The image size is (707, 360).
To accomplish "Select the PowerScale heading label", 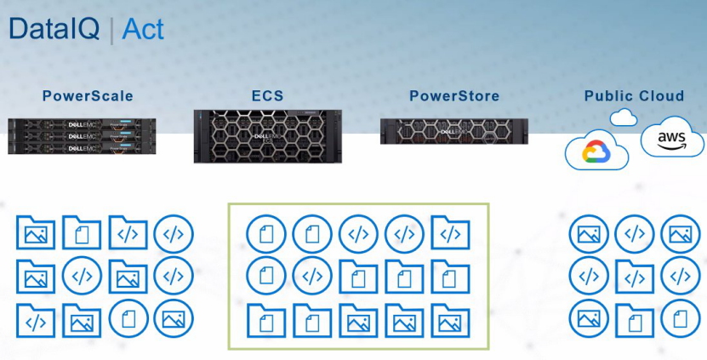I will (88, 96).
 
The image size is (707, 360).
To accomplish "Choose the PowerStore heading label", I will (454, 96).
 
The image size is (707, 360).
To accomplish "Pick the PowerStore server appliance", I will (454, 130).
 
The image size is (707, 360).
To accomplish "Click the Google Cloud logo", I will (596, 151).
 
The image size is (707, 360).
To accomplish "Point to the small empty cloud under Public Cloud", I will (624, 117).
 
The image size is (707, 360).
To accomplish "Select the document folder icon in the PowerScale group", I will (82, 232).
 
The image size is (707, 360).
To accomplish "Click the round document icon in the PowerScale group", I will (128, 318).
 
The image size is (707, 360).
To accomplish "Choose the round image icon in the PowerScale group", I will (174, 318).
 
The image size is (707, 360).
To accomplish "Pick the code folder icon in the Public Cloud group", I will (634, 276).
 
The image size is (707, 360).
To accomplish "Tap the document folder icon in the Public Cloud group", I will (634, 318).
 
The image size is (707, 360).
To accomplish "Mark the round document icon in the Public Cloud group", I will (680, 318).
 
